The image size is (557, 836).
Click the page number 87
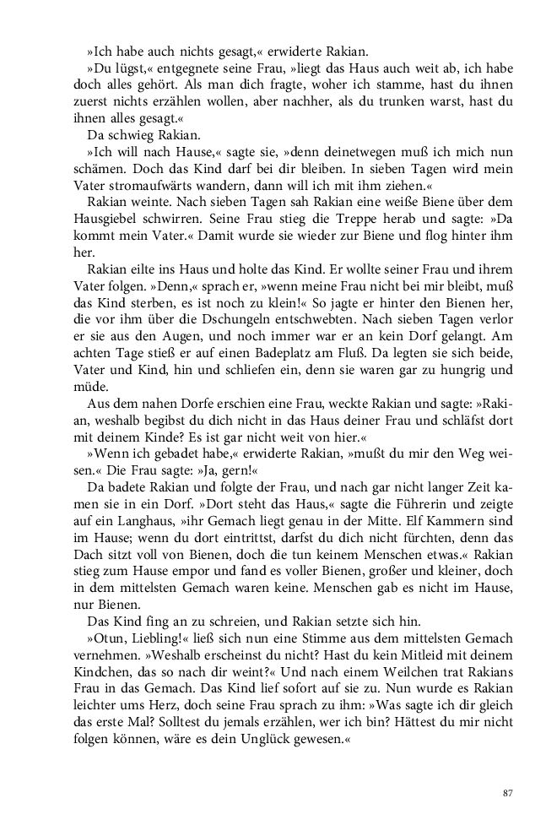(507, 792)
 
